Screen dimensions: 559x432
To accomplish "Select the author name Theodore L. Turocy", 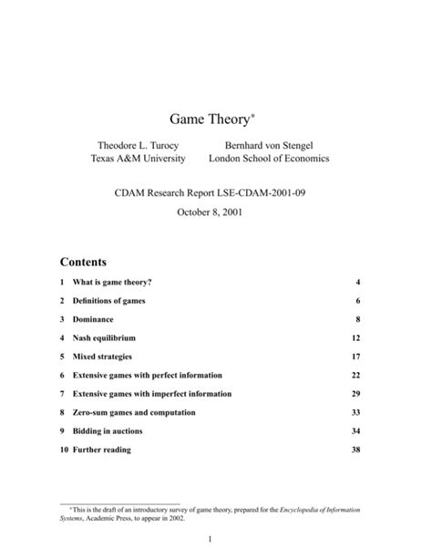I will click(138, 145).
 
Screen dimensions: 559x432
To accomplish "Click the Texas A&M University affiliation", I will click(138, 159).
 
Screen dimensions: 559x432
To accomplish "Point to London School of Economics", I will click(269, 159).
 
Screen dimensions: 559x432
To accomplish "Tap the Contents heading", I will click(83, 260).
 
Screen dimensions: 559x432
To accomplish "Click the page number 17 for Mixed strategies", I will click(355, 357).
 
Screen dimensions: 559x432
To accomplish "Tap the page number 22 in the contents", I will click(355, 375).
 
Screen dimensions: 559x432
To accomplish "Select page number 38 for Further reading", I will click(355, 450).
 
